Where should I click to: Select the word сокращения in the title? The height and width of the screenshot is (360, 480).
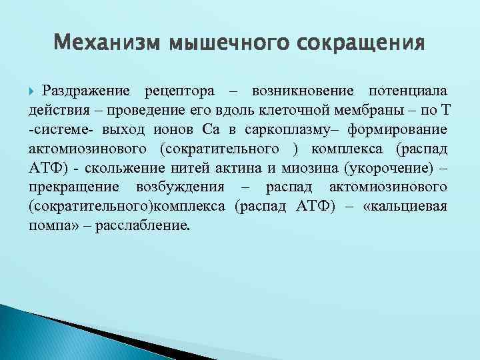pyautogui.click(x=361, y=44)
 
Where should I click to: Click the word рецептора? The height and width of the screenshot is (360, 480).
pyautogui.click(x=181, y=91)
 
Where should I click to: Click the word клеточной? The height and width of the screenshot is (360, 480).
pyautogui.click(x=294, y=109)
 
